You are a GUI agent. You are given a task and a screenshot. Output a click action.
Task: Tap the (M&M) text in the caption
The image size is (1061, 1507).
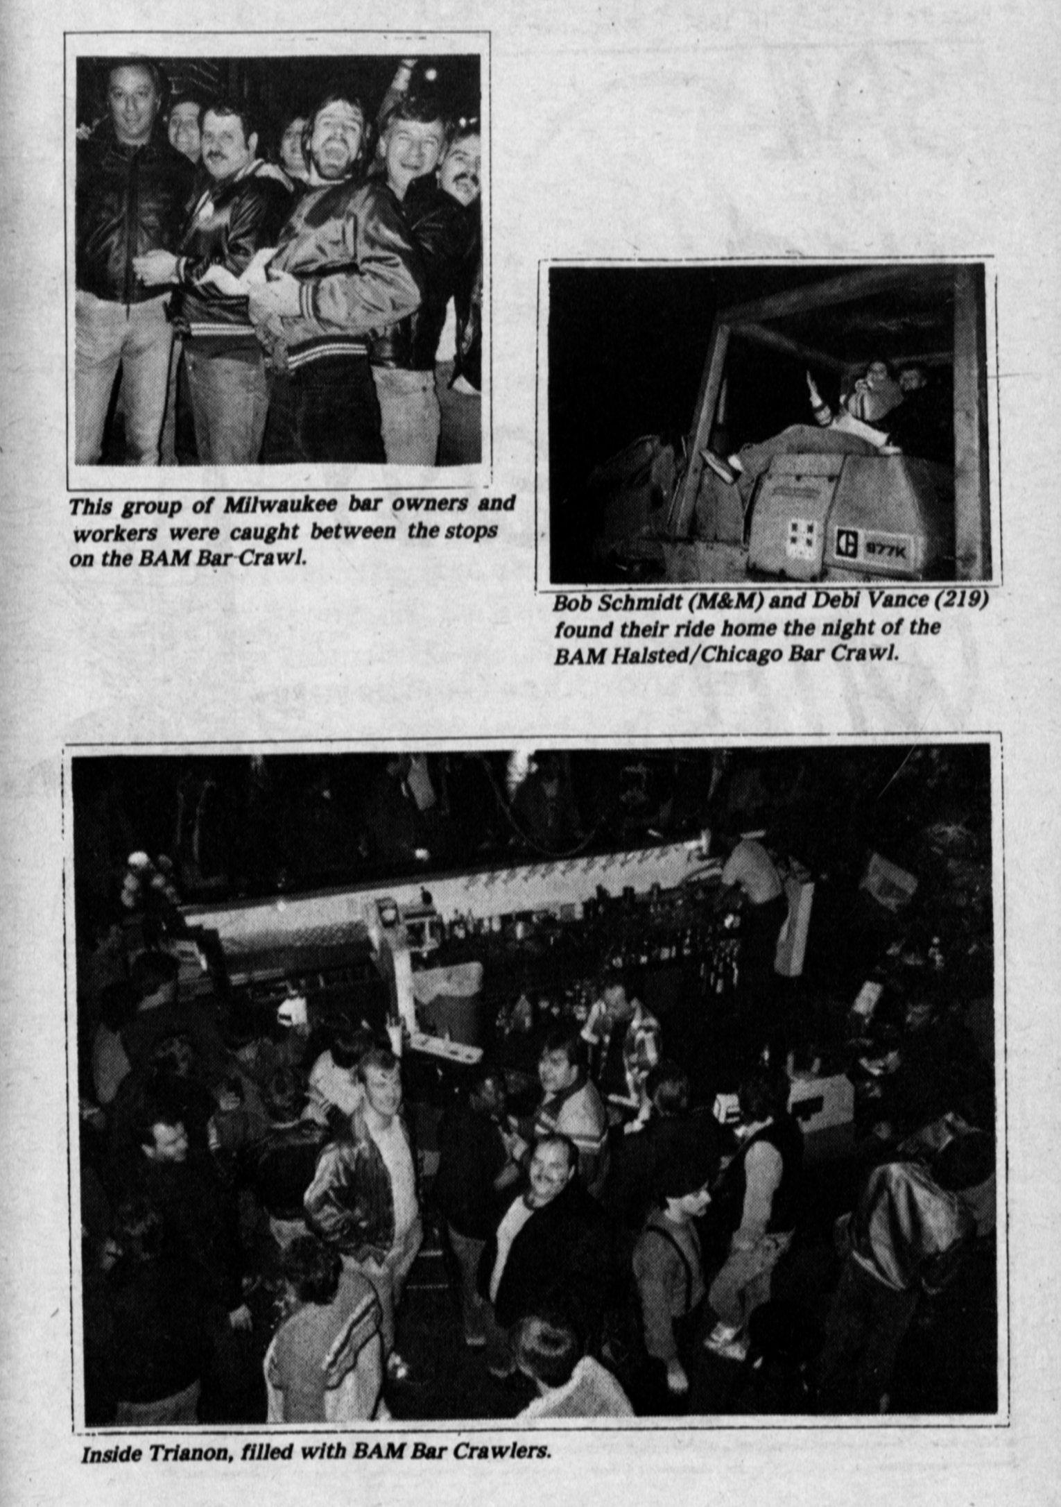721,602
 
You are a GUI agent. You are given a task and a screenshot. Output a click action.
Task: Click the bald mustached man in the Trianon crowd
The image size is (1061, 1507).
550,1168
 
